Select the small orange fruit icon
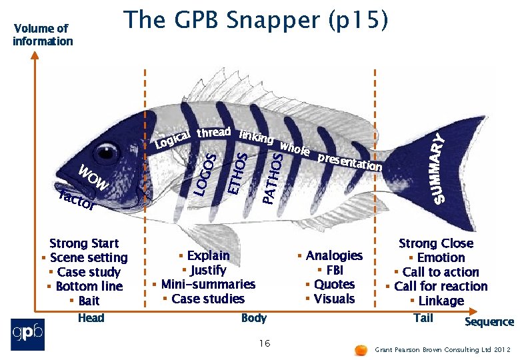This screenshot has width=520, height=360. click(361, 349)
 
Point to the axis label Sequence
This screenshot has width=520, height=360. click(489, 322)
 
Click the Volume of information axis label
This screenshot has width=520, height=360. click(43, 35)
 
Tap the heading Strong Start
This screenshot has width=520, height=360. click(84, 243)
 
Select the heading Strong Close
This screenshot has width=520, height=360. click(435, 243)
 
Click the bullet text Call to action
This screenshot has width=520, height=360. click(441, 272)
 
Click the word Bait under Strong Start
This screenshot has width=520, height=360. click(89, 301)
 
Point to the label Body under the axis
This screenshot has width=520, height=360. click(254, 318)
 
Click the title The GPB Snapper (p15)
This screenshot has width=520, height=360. click(255, 21)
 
